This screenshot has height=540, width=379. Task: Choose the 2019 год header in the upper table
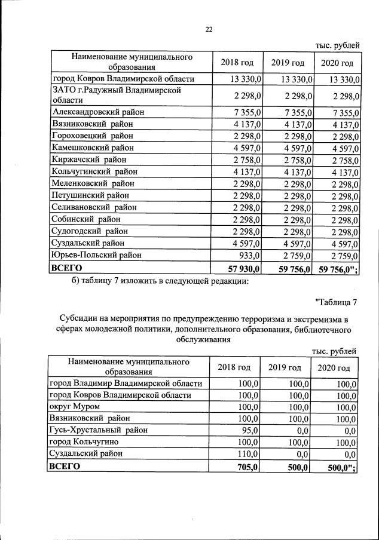coord(288,63)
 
